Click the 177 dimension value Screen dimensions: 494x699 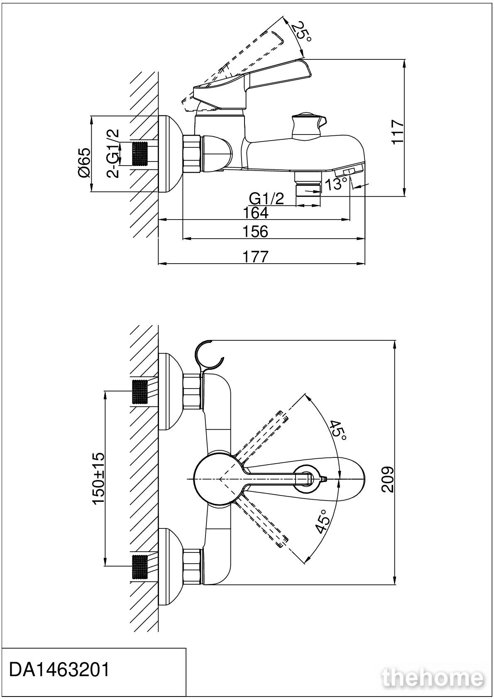[x=255, y=257]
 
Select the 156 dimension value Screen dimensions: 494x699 [x=255, y=232]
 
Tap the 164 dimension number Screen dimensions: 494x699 [x=255, y=213]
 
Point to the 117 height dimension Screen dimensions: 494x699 [x=398, y=132]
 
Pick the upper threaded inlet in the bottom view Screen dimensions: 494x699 [x=140, y=392]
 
